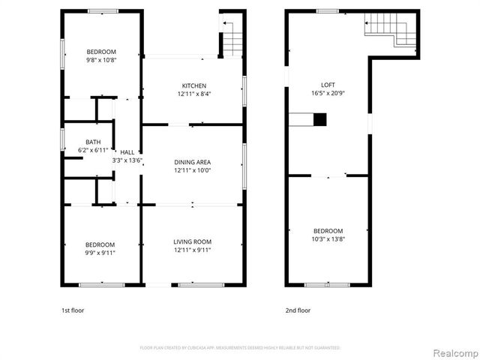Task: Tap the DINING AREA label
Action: point(192,162)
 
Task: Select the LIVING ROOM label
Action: point(192,241)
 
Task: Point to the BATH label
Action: point(93,142)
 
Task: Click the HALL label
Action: point(127,152)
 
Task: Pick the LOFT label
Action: point(328,85)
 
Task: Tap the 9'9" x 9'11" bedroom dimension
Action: point(100,253)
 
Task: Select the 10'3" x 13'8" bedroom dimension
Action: point(328,239)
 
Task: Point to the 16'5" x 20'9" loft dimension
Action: point(328,94)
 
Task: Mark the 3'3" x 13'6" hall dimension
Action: point(127,160)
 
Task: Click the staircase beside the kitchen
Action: point(232,40)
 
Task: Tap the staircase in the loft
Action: point(390,32)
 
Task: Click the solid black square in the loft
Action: point(320,118)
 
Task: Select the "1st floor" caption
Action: point(73,310)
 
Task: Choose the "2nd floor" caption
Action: point(298,310)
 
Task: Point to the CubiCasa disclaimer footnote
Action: point(240,348)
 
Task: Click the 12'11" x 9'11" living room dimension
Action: point(192,250)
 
